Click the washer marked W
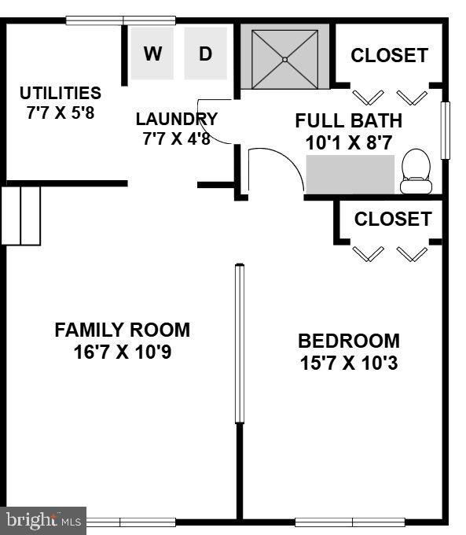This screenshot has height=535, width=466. point(152,53)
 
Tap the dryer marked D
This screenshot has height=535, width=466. point(205,53)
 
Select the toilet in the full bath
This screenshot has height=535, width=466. point(416,172)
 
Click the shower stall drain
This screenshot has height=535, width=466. point(284,59)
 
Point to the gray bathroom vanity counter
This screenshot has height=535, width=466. point(350,174)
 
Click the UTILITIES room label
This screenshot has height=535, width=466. point(61,93)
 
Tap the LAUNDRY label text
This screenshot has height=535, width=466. point(176,120)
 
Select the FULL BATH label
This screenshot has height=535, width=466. point(348,120)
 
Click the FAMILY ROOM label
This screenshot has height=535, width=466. point(122,330)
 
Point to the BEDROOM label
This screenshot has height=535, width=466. point(348,341)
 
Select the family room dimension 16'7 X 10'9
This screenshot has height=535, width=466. point(122,352)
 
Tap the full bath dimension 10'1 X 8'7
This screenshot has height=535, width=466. point(348,143)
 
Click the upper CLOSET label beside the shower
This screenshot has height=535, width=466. point(389,56)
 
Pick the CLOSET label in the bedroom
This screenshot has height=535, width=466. point(392,219)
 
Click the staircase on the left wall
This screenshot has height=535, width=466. point(20,215)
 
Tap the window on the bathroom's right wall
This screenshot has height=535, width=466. point(445,130)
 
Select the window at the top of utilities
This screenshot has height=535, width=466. point(120,20)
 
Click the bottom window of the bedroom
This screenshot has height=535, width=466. point(350,522)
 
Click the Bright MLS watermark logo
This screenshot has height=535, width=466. point(43,520)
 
